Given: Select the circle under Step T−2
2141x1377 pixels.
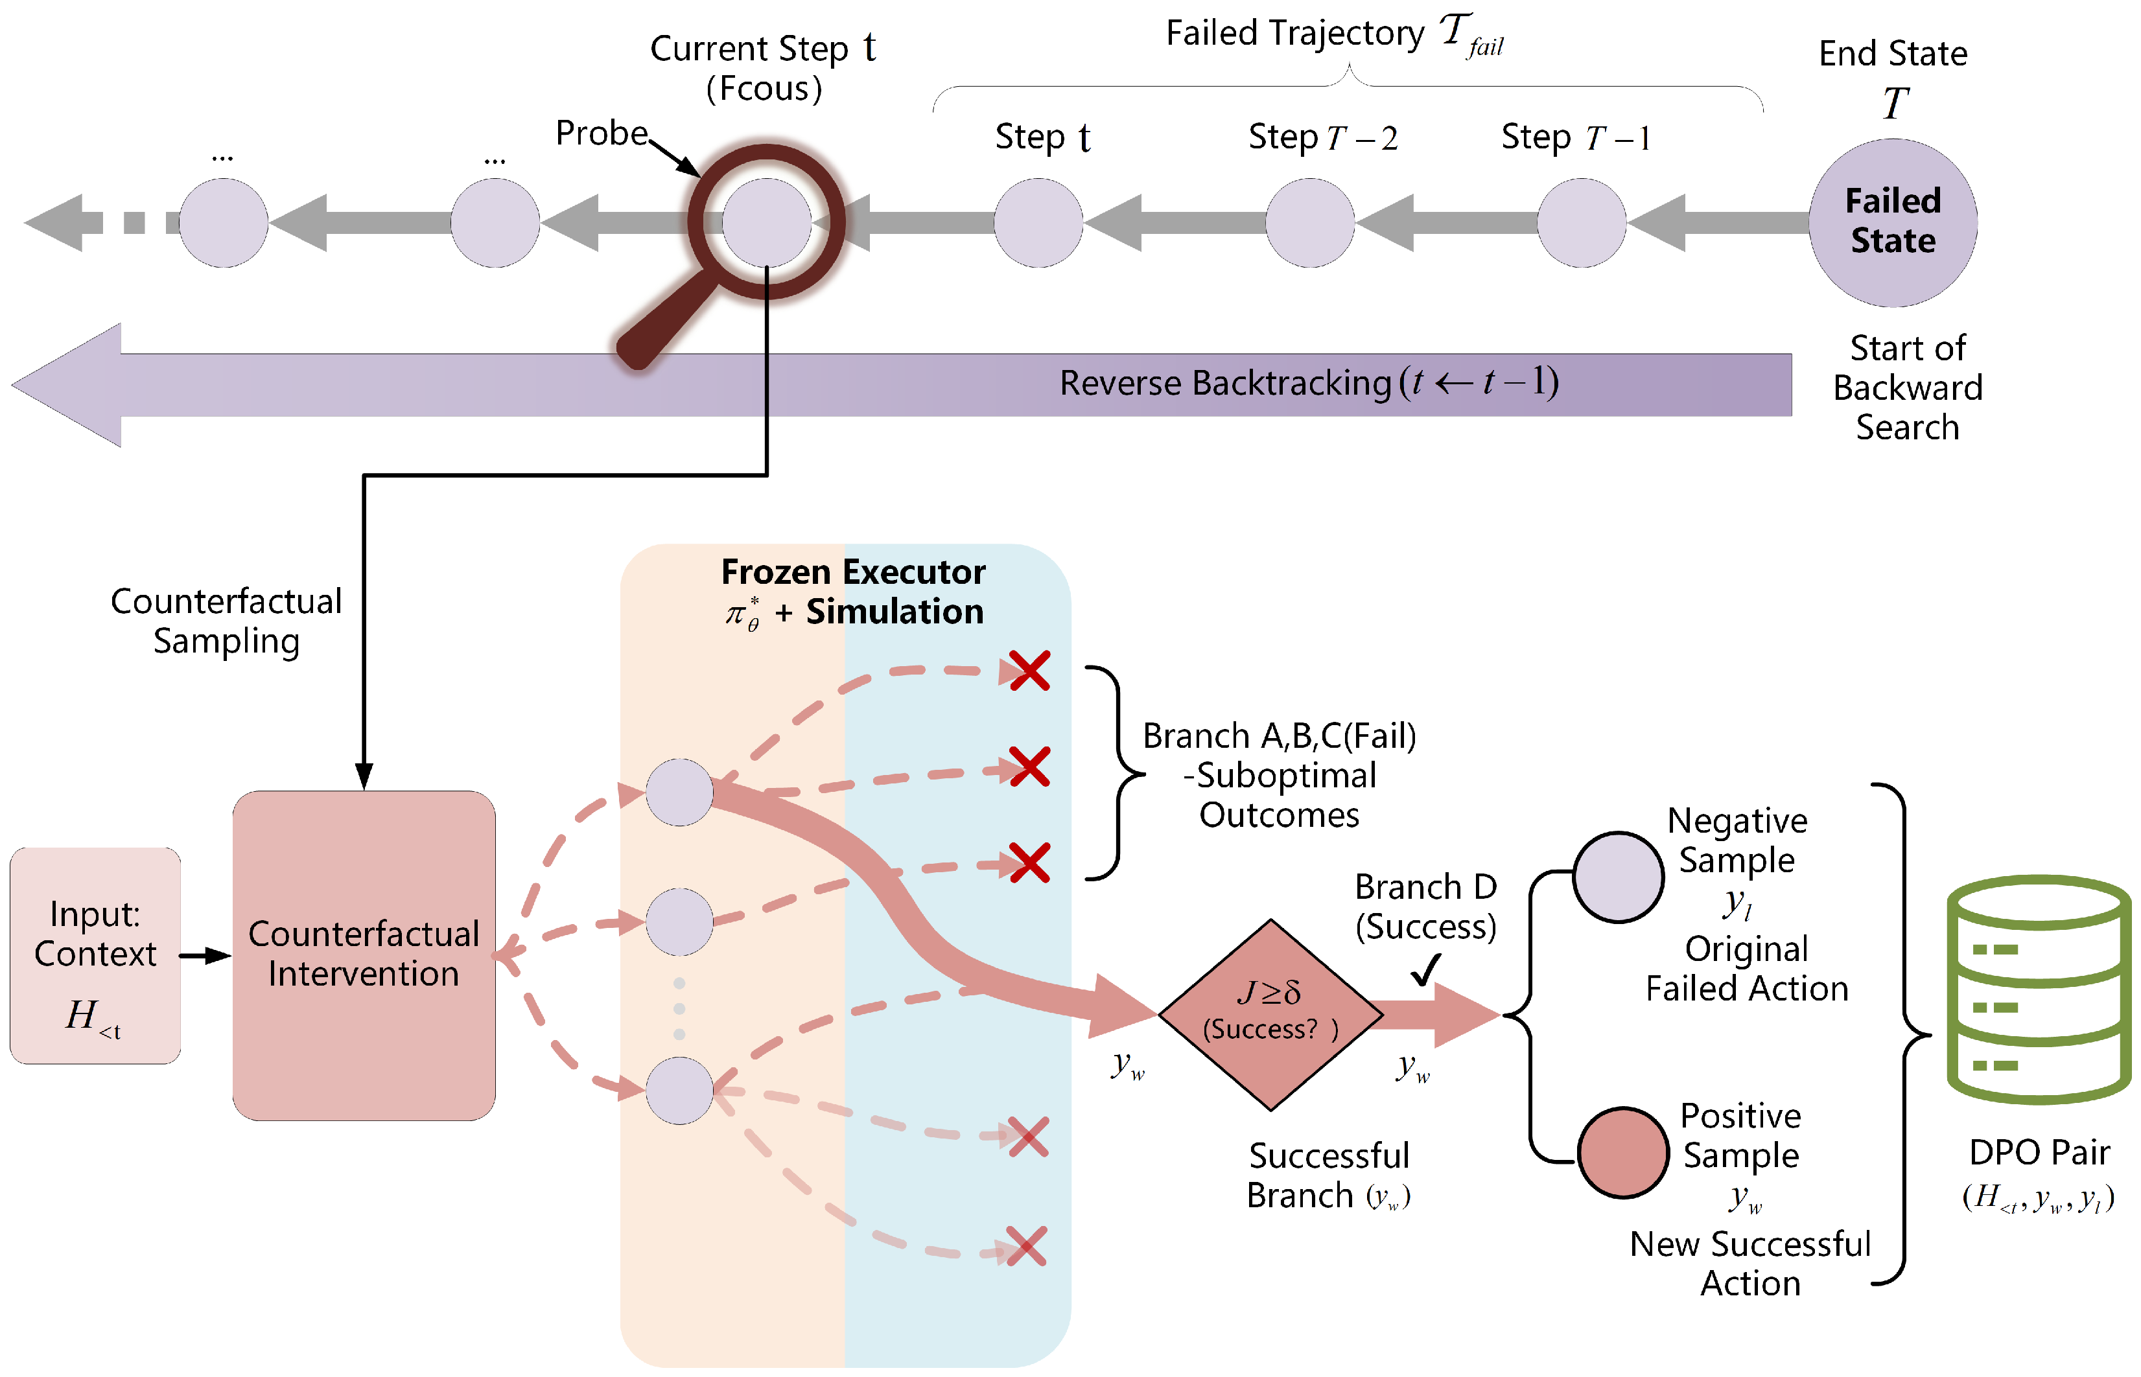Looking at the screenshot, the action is point(1310,223).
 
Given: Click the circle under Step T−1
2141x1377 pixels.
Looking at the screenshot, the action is point(1581,223).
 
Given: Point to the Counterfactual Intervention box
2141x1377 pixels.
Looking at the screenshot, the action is point(364,955).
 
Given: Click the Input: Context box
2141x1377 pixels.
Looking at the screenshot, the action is point(95,955).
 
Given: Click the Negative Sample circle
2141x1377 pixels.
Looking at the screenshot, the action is point(1618,877).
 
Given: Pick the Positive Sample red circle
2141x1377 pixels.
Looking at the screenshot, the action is point(1622,1153).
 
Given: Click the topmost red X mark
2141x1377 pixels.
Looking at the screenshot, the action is point(1029,670).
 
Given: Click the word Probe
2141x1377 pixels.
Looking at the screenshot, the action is point(601,133).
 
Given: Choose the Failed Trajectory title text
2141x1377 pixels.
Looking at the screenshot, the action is point(1335,34).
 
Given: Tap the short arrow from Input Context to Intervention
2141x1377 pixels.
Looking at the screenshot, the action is point(205,955).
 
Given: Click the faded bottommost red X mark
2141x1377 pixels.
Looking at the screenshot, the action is point(1027,1245).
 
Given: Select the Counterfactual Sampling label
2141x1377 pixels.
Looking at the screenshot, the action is point(226,621).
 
